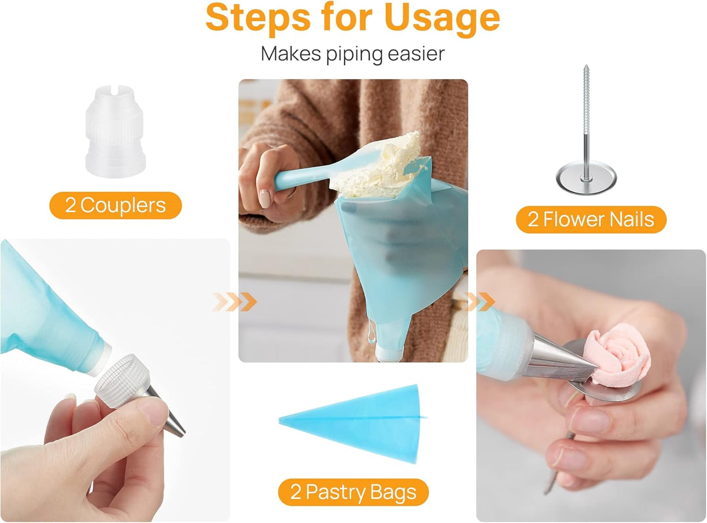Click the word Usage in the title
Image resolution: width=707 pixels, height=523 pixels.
[441, 19]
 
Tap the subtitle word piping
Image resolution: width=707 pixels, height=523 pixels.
[354, 54]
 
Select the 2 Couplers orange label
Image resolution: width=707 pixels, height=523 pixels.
[115, 205]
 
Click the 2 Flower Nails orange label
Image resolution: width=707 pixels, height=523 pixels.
[591, 220]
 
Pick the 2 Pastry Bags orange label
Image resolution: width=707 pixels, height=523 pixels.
[353, 492]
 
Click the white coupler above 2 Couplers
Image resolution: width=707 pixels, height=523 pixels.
[115, 131]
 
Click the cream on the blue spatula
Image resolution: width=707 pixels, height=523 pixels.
[387, 164]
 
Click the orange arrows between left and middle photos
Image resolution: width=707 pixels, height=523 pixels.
[235, 302]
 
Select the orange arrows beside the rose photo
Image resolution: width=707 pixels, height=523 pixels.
[479, 301]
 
